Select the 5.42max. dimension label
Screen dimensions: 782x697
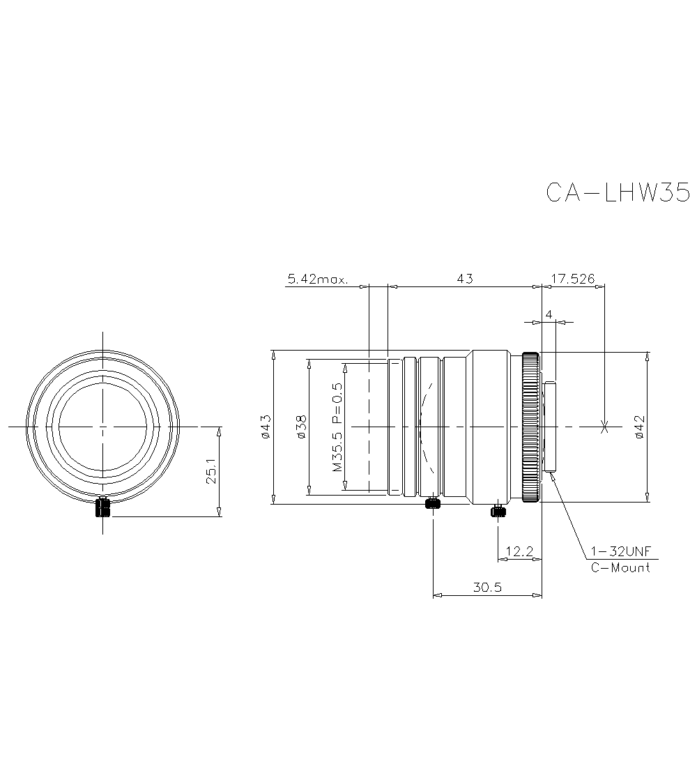[317, 279]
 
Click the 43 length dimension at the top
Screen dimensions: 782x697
[465, 278]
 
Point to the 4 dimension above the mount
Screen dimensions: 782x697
[549, 315]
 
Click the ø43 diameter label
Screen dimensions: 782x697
[266, 426]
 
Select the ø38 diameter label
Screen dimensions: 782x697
[301, 426]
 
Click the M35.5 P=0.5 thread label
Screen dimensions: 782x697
[337, 426]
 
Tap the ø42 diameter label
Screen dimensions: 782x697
[640, 426]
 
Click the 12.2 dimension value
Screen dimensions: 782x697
[519, 552]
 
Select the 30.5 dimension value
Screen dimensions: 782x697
[487, 588]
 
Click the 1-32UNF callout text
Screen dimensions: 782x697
[620, 551]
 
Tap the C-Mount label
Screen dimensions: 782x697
[620, 567]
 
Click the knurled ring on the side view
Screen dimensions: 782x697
[530, 427]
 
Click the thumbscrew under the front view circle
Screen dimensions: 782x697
[103, 507]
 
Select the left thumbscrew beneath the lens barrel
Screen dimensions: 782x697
[434, 503]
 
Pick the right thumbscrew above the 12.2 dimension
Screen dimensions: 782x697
[498, 512]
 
